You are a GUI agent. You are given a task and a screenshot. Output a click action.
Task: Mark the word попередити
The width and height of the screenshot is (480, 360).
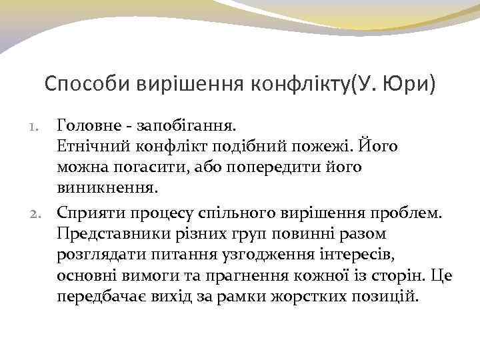click(263, 167)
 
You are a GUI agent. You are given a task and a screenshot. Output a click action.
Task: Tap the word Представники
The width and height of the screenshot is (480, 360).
click(107, 233)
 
